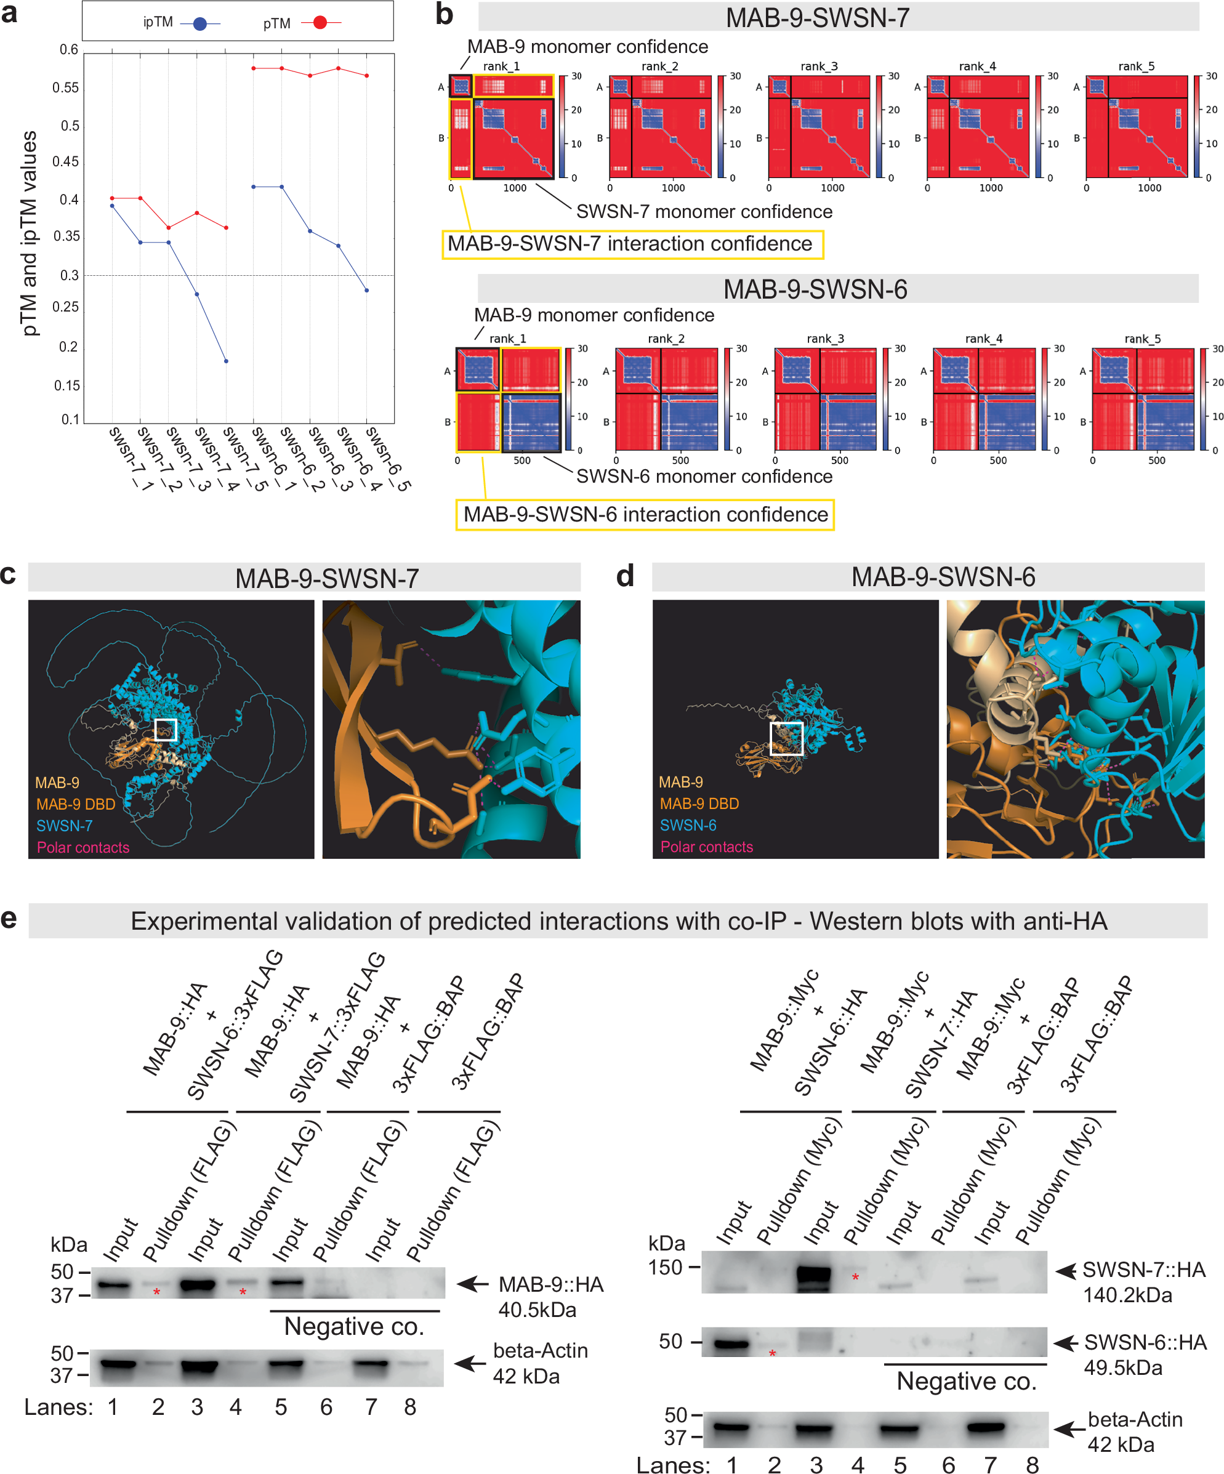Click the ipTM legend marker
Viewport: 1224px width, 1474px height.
point(200,24)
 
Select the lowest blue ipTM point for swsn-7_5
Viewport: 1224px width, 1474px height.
point(226,361)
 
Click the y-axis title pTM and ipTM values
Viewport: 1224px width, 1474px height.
point(29,234)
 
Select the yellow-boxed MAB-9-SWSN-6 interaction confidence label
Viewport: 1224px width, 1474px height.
point(644,515)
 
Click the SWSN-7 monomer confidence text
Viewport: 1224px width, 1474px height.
point(704,212)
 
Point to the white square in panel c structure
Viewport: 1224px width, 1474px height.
point(166,729)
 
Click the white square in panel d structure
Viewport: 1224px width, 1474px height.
point(786,738)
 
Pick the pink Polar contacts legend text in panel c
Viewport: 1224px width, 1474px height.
point(83,847)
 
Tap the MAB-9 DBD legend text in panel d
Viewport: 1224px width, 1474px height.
point(699,803)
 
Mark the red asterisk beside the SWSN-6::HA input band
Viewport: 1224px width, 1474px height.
point(772,1353)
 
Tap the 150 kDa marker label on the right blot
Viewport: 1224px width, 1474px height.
point(666,1267)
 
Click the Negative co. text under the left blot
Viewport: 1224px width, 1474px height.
point(354,1326)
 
